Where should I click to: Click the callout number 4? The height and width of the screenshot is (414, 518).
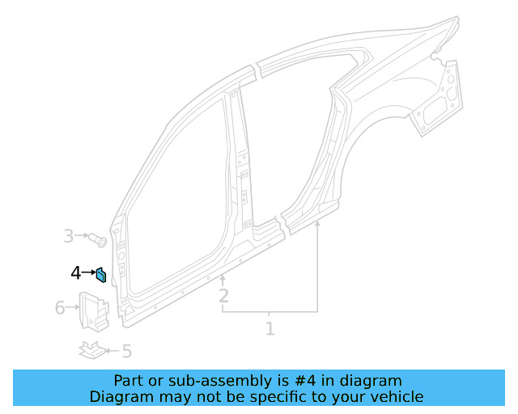[76, 273]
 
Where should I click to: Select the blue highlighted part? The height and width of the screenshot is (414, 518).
[100, 276]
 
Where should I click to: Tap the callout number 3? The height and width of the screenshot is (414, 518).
[69, 236]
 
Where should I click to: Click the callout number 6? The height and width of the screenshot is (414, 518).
[60, 307]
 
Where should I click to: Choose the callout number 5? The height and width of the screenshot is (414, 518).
[126, 351]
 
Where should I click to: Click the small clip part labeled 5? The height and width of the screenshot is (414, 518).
[91, 349]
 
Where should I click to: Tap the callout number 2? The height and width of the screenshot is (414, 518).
[223, 296]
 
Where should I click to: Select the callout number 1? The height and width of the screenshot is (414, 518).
[270, 328]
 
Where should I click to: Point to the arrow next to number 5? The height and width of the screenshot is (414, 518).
[112, 351]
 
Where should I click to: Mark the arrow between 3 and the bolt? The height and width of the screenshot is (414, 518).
[82, 237]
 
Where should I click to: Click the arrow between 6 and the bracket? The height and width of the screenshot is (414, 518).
[72, 307]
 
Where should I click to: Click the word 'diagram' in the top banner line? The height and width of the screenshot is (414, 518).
[372, 380]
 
